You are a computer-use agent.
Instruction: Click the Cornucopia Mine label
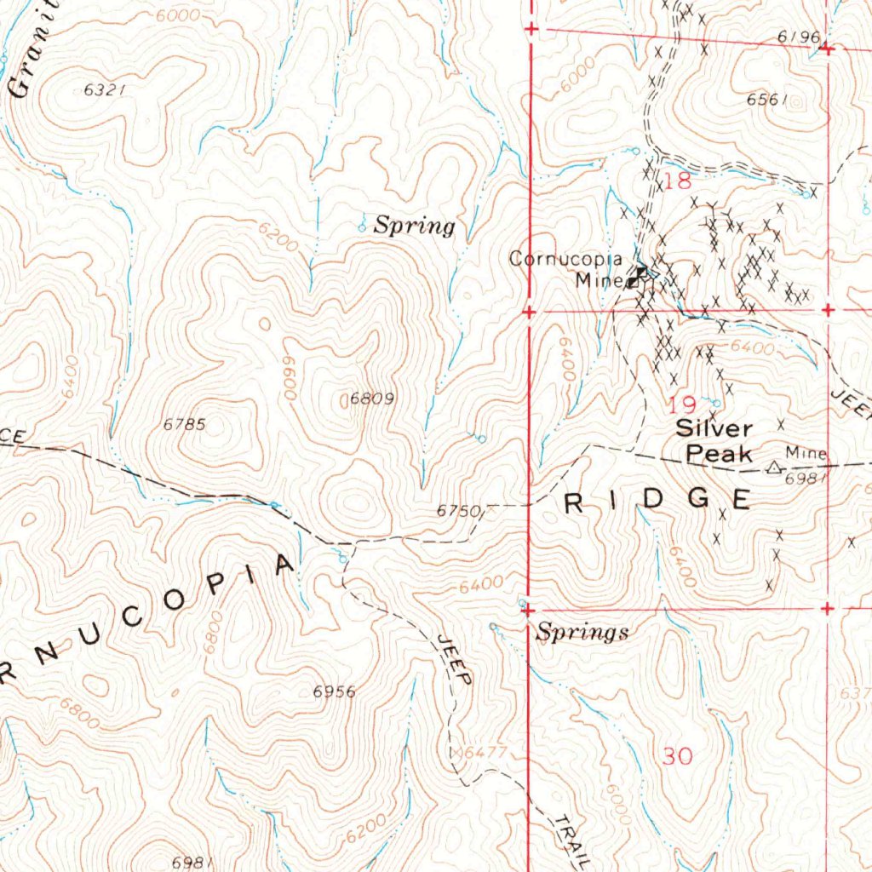(566, 268)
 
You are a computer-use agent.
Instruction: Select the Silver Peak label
(714, 440)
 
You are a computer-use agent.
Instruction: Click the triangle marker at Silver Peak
(773, 467)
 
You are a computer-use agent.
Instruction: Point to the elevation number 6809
(373, 398)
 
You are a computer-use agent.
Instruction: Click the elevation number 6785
(183, 423)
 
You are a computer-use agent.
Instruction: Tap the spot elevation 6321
(106, 91)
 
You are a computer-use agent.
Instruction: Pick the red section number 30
(678, 755)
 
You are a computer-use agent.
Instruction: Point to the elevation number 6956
(334, 691)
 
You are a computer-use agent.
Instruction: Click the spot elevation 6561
(765, 100)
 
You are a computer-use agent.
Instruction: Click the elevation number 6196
(798, 37)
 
